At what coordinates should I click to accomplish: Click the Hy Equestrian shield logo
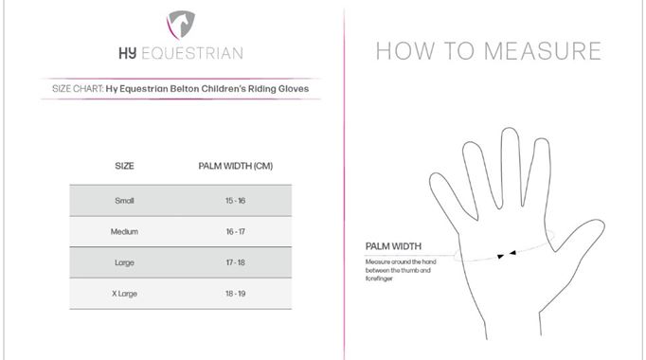pos(181,25)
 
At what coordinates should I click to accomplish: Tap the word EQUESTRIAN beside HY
pos(192,54)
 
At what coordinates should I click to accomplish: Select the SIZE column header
pos(124,166)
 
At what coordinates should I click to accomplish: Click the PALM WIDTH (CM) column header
pos(236,166)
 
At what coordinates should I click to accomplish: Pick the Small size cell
pos(124,201)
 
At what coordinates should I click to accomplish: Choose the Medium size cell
pos(124,231)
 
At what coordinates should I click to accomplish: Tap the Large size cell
pos(124,262)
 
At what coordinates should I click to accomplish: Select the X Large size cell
pos(124,294)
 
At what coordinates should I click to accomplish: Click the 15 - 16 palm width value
pos(235,201)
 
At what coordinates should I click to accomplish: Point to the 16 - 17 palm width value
pos(235,231)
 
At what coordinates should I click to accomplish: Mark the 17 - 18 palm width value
pos(235,262)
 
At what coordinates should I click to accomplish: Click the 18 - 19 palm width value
pos(235,294)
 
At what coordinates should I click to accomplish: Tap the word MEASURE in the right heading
pos(543,51)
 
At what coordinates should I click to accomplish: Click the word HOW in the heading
pos(405,51)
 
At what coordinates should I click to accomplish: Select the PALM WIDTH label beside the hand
pos(393,246)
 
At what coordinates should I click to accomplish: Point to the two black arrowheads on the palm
pos(507,255)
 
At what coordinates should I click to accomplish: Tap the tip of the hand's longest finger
pos(510,129)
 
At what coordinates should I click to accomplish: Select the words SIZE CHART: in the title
pos(78,88)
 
